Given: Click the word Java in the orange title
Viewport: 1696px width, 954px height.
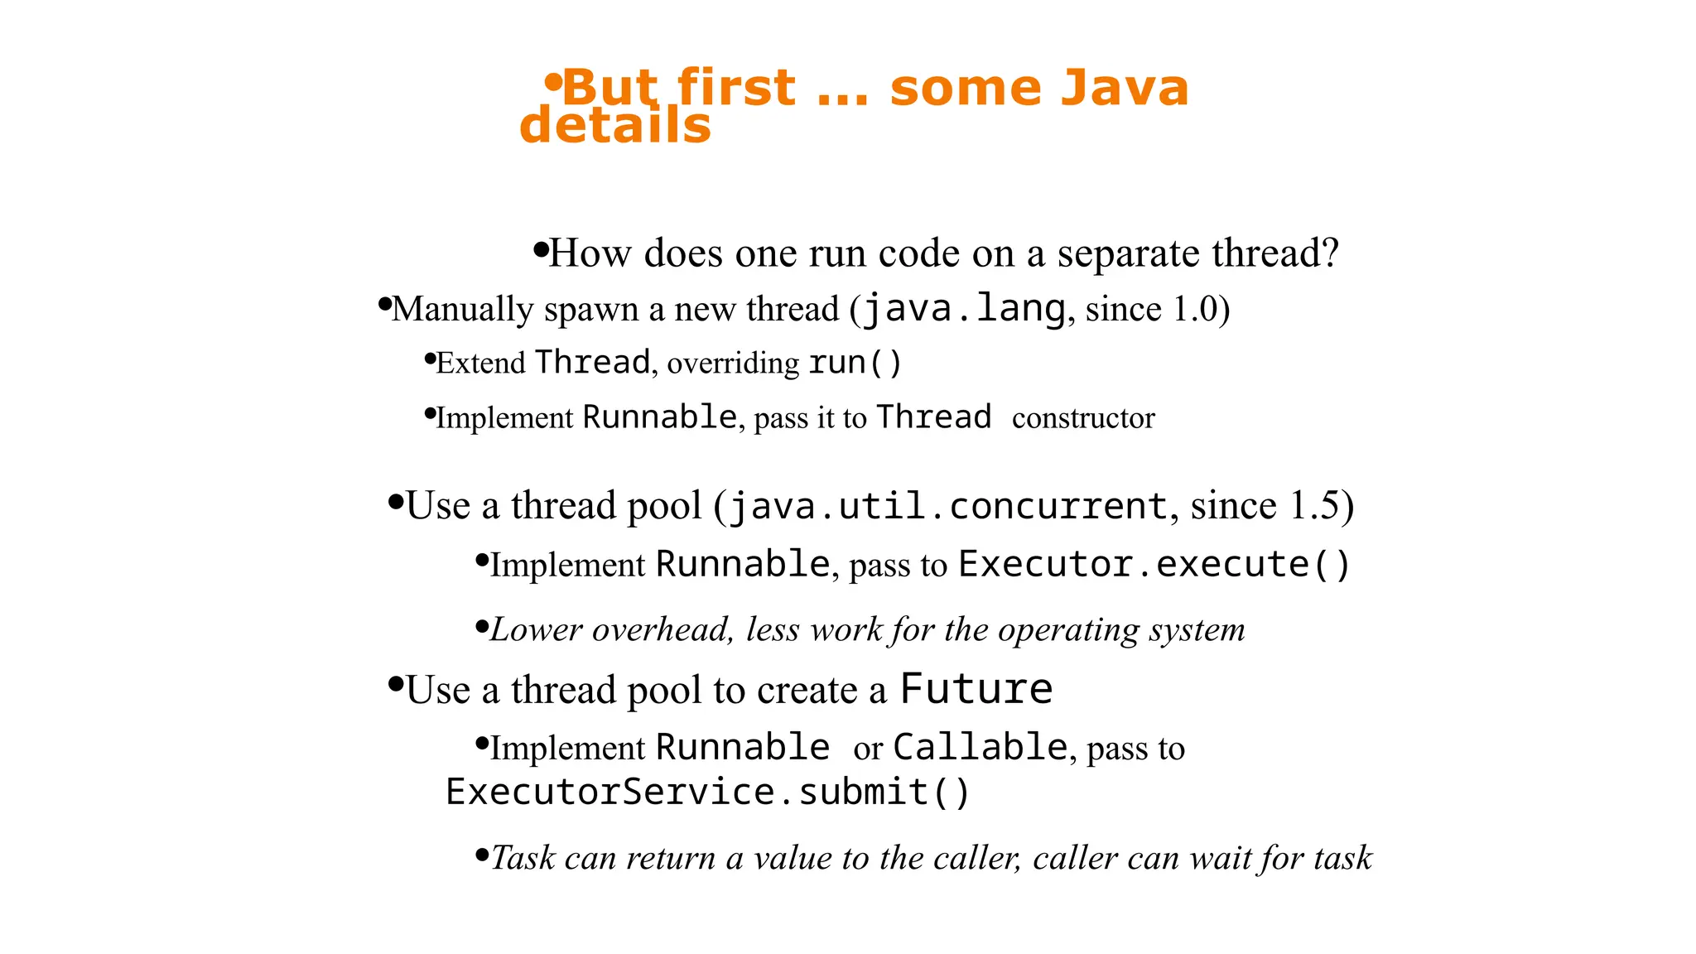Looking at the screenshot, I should pyautogui.click(x=1124, y=88).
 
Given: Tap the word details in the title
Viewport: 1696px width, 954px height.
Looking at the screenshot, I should pyautogui.click(x=615, y=126).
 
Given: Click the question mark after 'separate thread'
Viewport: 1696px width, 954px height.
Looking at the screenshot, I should pyautogui.click(x=1329, y=253).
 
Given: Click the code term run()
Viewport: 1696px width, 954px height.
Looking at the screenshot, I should pyautogui.click(x=855, y=363).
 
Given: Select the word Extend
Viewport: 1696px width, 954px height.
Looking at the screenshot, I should pyautogui.click(x=480, y=363).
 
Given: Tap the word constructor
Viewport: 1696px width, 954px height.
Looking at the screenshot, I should pyautogui.click(x=1083, y=418).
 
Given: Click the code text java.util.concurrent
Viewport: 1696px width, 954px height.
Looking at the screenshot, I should pyautogui.click(x=948, y=506).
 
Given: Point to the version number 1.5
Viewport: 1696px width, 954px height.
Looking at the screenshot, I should pyautogui.click(x=1314, y=505).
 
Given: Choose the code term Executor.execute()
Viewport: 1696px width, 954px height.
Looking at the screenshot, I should pyautogui.click(x=1154, y=565).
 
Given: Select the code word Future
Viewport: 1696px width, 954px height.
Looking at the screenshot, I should pyautogui.click(x=976, y=690).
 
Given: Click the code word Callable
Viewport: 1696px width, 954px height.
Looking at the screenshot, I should pyautogui.click(x=980, y=748).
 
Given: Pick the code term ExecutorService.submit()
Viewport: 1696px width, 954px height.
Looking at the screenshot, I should pyautogui.click(x=707, y=793).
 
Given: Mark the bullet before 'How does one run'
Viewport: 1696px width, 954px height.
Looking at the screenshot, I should pyautogui.click(x=541, y=249).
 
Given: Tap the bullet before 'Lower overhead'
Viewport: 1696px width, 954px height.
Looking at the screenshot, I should pyautogui.click(x=483, y=627).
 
